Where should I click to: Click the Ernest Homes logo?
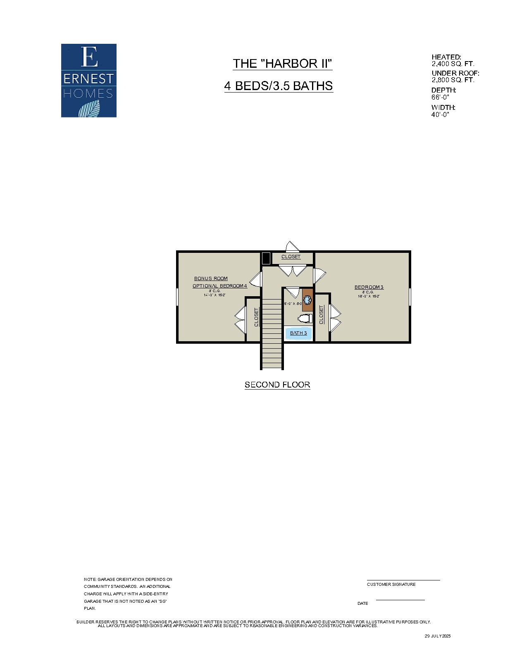coord(89,81)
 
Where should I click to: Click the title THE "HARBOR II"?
coord(282,64)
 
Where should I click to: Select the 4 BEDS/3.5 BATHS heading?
coord(279,86)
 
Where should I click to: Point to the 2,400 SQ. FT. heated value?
coord(453,64)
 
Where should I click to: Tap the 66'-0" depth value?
coord(440,97)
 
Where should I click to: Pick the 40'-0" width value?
coord(440,115)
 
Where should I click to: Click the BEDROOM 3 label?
coord(369,287)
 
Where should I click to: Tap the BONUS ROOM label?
coord(211,278)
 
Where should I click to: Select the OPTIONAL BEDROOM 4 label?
coord(219,286)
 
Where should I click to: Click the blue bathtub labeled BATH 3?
coord(298,333)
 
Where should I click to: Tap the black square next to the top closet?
coord(266,258)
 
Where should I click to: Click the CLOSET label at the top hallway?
coord(291,257)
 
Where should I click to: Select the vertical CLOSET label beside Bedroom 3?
coord(322,314)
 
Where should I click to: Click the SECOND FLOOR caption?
coord(277,385)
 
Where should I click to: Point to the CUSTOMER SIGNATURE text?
coord(391,584)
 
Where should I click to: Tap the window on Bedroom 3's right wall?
coord(410,297)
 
